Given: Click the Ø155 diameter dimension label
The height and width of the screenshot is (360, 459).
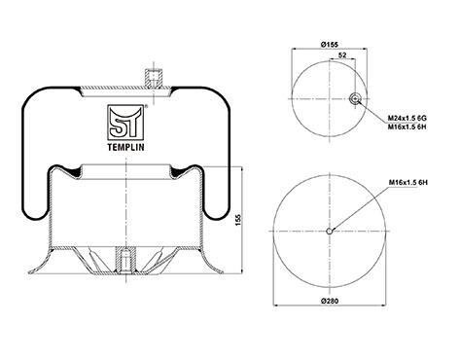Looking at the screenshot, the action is point(330,45).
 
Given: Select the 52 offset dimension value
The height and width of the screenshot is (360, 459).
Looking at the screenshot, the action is point(342,55).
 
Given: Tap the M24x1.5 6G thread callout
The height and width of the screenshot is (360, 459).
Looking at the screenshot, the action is point(407,118).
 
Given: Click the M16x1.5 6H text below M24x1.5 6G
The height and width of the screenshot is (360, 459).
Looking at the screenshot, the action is point(407,126).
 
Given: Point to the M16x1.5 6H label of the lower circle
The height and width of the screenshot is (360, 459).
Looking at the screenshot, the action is point(408,183).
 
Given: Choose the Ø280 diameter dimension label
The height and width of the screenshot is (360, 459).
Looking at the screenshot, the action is point(330,301).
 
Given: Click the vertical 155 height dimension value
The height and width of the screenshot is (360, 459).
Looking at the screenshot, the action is point(238,220).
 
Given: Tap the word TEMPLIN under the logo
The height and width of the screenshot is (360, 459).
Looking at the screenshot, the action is point(125,147).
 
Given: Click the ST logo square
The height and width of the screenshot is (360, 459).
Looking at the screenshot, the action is point(125,123).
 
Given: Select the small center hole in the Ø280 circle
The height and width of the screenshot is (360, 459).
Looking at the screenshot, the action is point(330,232).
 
